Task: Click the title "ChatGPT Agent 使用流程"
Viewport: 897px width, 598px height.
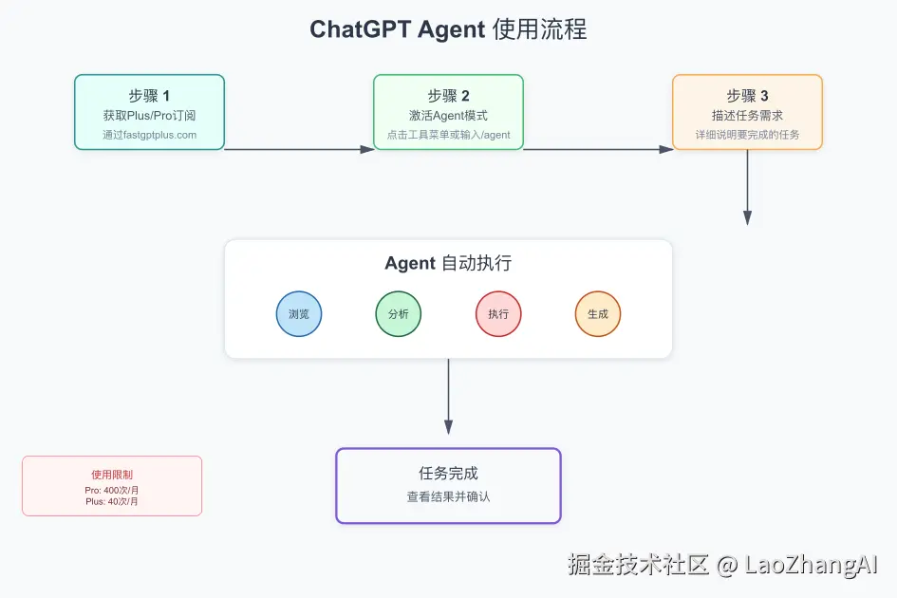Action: tap(448, 29)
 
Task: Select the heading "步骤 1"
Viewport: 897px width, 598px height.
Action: tap(149, 96)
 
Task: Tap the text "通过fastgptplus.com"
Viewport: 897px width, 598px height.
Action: tap(149, 135)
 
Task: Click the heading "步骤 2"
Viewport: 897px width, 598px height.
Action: tap(448, 96)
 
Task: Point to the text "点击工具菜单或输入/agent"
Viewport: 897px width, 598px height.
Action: tap(448, 135)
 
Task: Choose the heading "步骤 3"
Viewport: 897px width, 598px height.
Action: tap(747, 96)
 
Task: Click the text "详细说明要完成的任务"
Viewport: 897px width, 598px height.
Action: tap(747, 135)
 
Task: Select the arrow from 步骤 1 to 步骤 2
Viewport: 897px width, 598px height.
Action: tap(299, 149)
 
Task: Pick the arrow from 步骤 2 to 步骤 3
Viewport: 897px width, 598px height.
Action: tap(598, 149)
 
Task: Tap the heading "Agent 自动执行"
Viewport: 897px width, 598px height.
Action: tap(448, 264)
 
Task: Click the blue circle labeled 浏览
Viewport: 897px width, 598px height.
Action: tap(299, 314)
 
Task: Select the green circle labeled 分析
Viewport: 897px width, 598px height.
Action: tap(399, 314)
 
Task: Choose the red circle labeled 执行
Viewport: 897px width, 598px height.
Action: tap(498, 314)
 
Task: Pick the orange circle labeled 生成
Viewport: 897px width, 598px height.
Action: tap(598, 314)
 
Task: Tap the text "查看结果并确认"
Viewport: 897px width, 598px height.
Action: tap(448, 496)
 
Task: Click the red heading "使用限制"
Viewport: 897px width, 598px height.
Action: tap(112, 474)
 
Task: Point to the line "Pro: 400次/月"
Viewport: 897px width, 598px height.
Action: tap(112, 490)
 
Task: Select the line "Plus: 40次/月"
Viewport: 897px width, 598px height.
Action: tap(112, 501)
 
